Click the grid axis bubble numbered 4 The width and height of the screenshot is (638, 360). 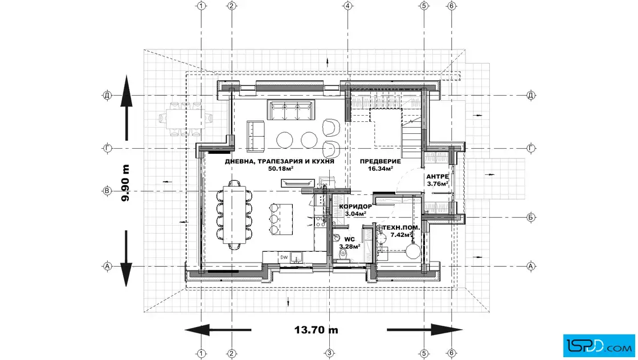[x=347, y=6]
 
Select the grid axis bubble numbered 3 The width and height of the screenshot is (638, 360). [x=330, y=353]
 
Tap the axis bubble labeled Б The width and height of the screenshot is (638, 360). [x=530, y=217]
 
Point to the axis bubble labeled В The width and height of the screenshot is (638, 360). [x=107, y=191]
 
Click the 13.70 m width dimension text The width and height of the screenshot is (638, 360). [x=316, y=330]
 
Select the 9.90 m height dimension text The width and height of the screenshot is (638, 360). [x=125, y=183]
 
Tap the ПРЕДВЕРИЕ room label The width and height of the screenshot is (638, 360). [x=380, y=162]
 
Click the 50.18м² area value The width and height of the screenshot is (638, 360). [x=281, y=169]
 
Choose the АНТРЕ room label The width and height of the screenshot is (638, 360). [x=437, y=177]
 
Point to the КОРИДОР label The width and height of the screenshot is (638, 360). [x=355, y=207]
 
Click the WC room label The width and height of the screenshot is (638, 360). [x=349, y=240]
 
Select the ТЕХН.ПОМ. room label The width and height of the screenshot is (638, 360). [x=401, y=228]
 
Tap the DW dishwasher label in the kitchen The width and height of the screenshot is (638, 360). [x=284, y=257]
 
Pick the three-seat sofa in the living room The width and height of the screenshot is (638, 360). [x=291, y=109]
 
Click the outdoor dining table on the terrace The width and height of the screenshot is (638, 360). [x=186, y=118]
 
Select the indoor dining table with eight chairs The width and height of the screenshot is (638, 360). [x=234, y=215]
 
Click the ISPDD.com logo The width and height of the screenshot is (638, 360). [x=599, y=346]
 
